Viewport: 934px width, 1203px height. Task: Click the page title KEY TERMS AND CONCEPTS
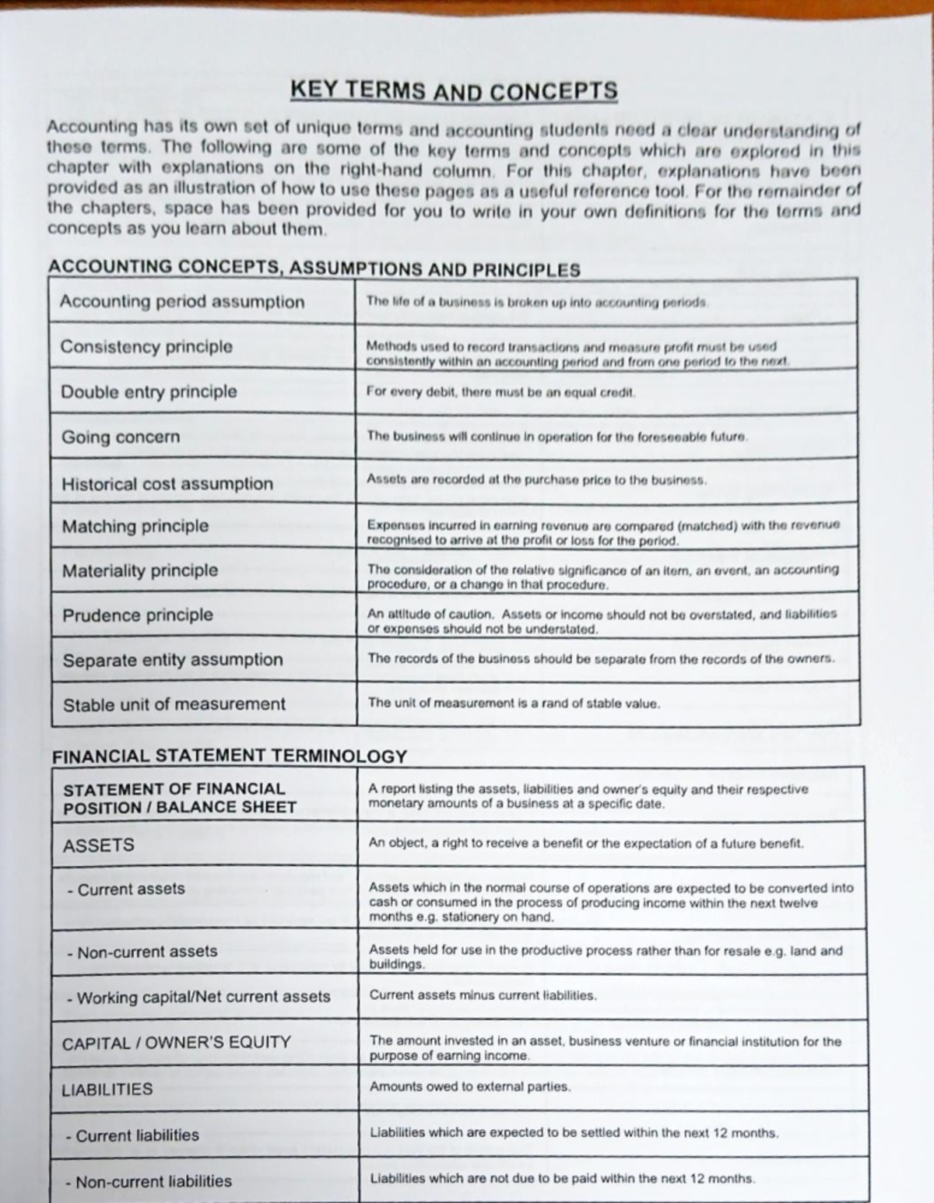[x=454, y=91]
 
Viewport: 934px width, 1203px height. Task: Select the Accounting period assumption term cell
[x=182, y=302]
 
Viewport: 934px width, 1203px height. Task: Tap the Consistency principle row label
[x=146, y=347]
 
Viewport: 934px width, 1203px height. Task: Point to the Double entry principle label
[x=149, y=391]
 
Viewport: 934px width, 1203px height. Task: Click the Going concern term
[x=121, y=437]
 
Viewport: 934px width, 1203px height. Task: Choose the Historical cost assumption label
[x=167, y=484]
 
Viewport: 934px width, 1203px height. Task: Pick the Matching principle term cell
[x=135, y=527]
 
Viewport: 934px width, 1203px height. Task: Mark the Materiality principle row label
[x=140, y=571]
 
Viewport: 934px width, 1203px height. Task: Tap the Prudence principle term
[x=138, y=616]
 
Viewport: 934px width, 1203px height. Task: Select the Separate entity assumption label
[x=173, y=660]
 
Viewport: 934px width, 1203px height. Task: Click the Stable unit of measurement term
[x=174, y=704]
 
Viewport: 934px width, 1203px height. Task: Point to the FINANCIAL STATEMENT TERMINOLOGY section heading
[x=230, y=756]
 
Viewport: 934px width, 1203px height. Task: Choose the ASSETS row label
[x=98, y=845]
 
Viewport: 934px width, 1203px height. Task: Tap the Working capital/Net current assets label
[x=198, y=997]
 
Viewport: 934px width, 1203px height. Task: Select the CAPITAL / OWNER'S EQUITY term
[x=176, y=1043]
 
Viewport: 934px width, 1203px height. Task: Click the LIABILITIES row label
[x=107, y=1089]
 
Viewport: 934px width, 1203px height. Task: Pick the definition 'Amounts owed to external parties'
[x=469, y=1087]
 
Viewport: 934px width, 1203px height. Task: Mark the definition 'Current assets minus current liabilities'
[x=483, y=995]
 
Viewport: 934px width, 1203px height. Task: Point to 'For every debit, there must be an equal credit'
[x=500, y=392]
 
